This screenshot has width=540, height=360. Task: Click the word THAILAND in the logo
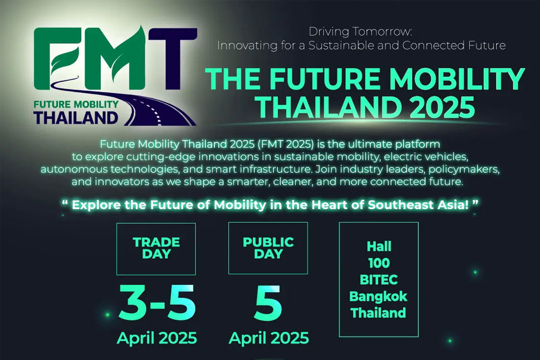76,118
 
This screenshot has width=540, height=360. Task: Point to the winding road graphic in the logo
138,103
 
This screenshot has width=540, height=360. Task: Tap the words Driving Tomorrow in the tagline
360,32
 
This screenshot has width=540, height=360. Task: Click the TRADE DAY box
156,249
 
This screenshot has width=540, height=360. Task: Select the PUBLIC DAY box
268,248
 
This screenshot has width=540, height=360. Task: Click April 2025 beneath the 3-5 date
157,338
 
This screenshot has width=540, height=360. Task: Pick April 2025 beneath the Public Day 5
269,338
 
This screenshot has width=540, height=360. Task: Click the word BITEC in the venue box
379,280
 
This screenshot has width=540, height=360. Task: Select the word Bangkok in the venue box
379,297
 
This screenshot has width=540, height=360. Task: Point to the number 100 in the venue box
379,263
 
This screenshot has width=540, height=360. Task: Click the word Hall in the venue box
379,246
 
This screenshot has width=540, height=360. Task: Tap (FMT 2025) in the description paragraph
286,144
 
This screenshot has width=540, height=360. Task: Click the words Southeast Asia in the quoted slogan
419,205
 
